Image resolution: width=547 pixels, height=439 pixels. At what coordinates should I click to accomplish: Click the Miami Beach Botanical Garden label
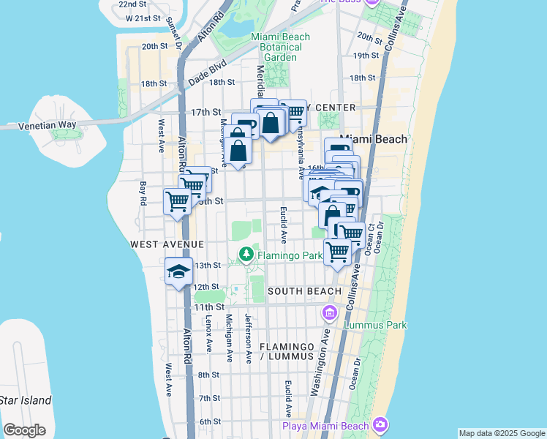[x=274, y=47]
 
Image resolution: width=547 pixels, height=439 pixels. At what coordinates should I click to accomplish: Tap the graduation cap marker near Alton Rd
[x=179, y=272]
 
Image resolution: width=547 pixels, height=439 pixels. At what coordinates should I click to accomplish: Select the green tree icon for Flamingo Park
[x=246, y=255]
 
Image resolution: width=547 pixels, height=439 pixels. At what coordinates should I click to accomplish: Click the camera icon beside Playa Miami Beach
[x=380, y=424]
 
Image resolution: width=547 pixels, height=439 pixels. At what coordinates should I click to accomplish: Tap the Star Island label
[x=26, y=400]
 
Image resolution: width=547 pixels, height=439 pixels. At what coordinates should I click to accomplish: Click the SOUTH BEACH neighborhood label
[x=304, y=291]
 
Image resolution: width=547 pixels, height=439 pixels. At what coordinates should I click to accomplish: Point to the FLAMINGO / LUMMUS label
[x=290, y=351]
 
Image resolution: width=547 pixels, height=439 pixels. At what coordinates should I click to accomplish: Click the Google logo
[x=24, y=430]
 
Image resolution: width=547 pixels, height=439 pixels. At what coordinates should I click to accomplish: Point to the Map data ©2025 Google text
[x=502, y=433]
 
